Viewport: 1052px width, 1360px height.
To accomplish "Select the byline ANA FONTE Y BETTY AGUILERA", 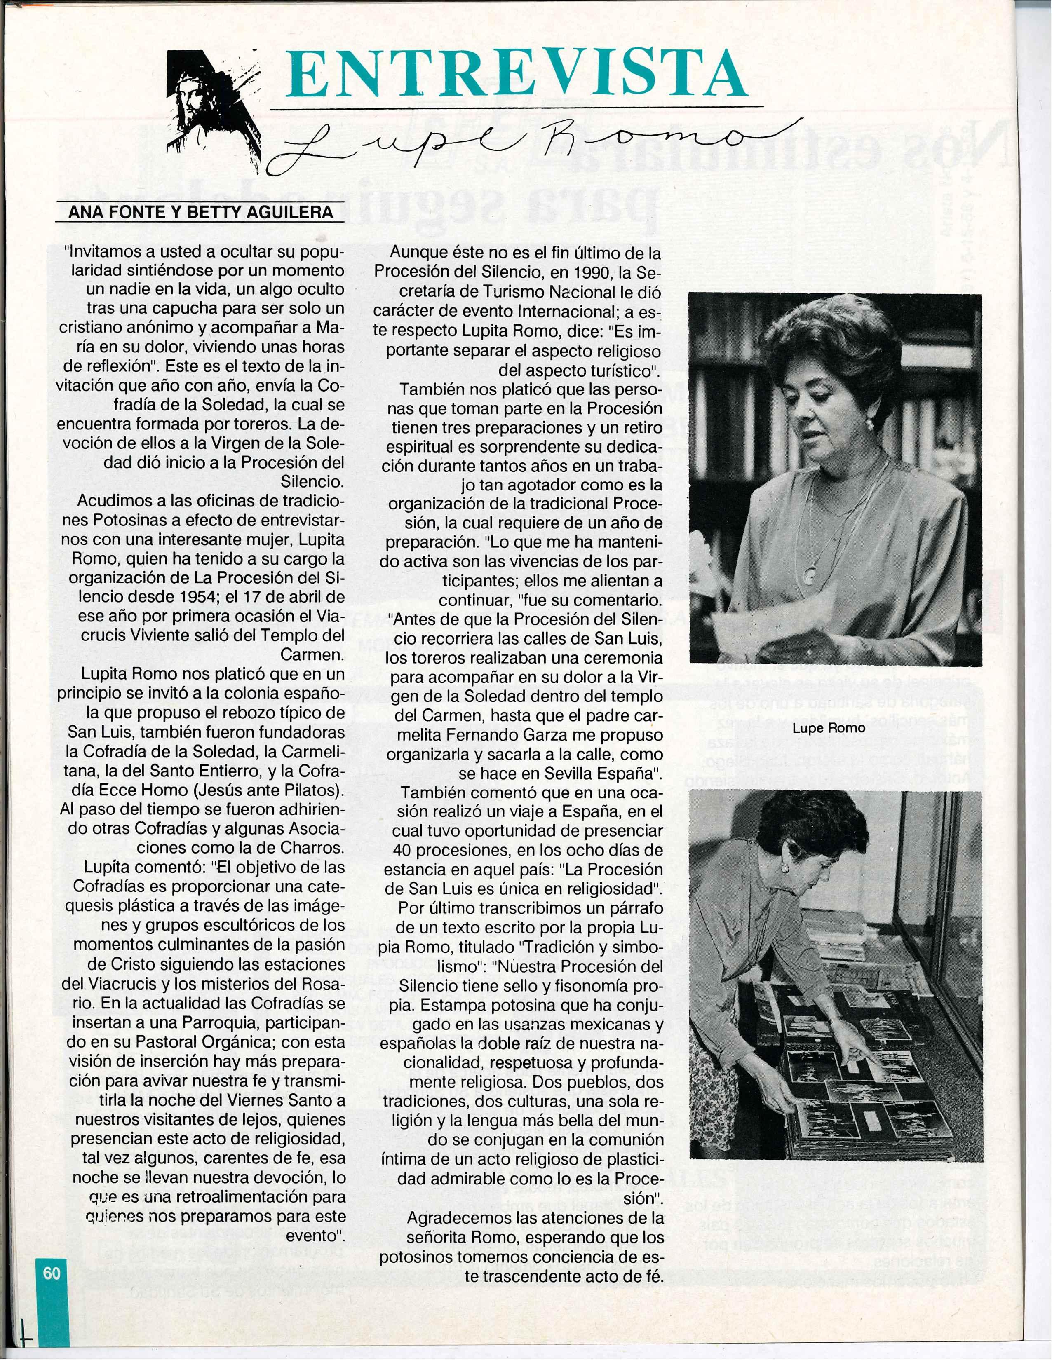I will click(201, 212).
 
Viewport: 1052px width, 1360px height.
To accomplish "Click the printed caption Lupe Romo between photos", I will click(829, 728).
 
